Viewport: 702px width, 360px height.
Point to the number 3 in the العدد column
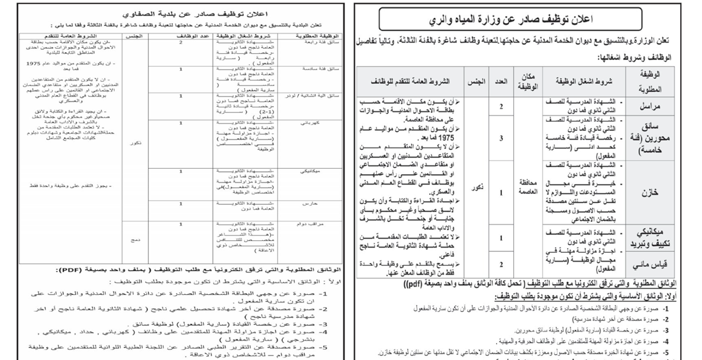pyautogui.click(x=501, y=138)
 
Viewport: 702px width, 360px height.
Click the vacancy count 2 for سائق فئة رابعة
pyautogui.click(x=180, y=43)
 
